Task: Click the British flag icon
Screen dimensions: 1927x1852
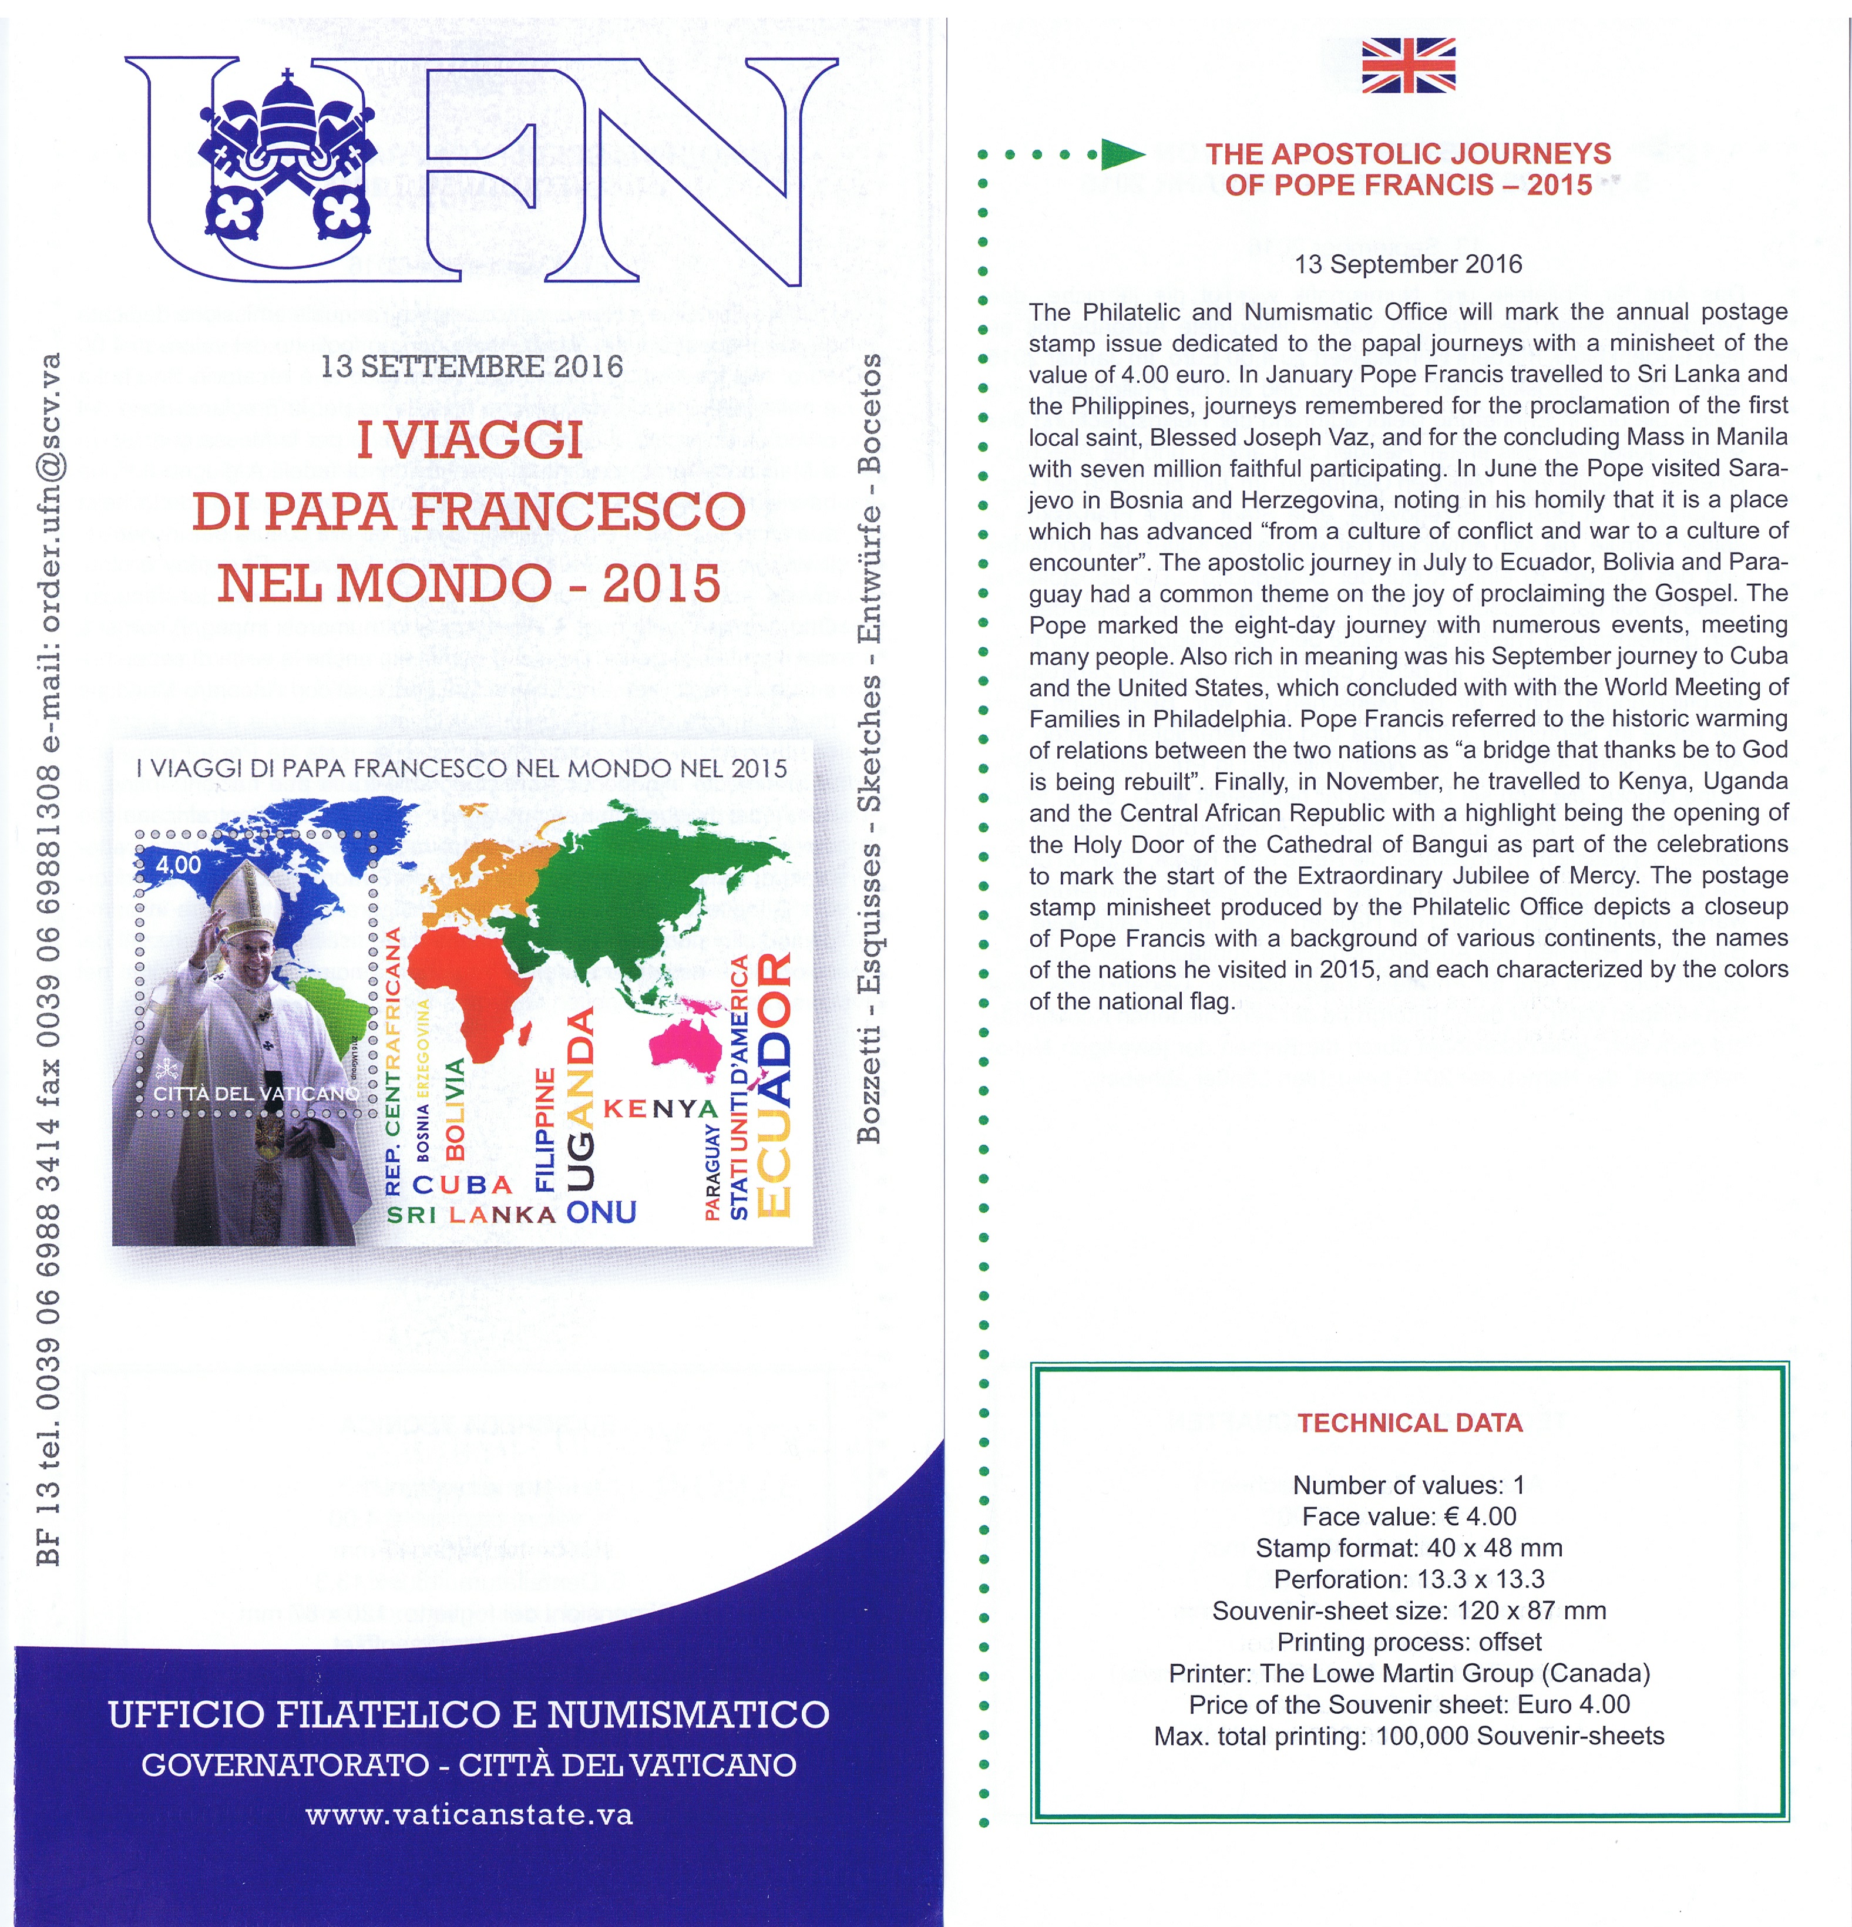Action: tap(1408, 65)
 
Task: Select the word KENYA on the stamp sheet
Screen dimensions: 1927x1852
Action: tap(661, 1109)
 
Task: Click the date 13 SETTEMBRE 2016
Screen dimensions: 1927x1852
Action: tap(472, 366)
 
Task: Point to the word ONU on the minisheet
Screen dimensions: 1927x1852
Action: tap(601, 1212)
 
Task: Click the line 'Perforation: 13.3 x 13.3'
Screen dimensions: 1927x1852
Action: tap(1409, 1579)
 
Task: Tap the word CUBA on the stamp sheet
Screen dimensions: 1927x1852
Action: tap(463, 1185)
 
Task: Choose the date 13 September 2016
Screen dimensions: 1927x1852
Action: tap(1408, 264)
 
